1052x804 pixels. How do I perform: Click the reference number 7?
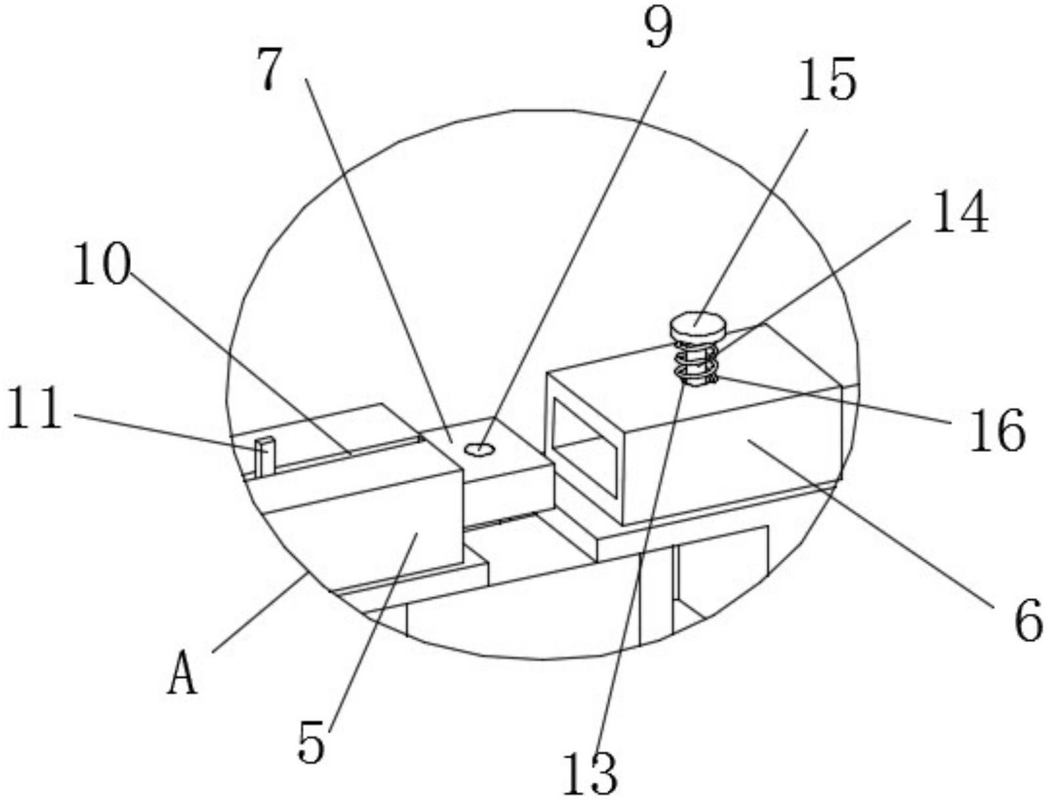[270, 70]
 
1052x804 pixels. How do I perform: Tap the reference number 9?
[659, 30]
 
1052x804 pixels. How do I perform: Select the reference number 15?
[827, 80]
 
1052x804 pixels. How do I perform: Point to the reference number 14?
[960, 213]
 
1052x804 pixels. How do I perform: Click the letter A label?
[182, 676]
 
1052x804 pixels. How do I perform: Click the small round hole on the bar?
[479, 449]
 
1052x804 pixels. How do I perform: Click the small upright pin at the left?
[264, 455]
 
